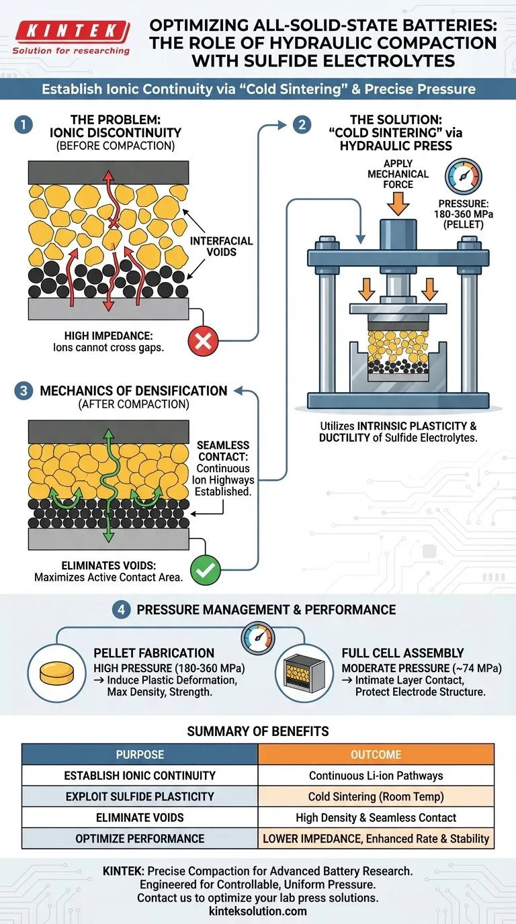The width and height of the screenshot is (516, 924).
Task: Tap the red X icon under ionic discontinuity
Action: click(x=203, y=341)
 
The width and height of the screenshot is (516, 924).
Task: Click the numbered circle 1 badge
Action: click(x=25, y=125)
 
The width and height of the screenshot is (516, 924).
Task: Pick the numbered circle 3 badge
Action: click(x=25, y=391)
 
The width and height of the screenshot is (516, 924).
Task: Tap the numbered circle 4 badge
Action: click(x=122, y=610)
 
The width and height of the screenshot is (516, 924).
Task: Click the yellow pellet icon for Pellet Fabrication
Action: click(x=55, y=672)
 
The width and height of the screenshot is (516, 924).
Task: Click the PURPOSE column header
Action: click(x=140, y=754)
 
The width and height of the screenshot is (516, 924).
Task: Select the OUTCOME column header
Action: click(x=376, y=754)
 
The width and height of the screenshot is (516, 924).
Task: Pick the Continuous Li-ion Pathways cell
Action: click(x=376, y=776)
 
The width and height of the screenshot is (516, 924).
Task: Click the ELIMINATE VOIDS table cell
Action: click(x=140, y=817)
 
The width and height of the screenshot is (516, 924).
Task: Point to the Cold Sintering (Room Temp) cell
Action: click(x=376, y=796)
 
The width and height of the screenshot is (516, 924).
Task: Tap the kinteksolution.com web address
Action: click(x=257, y=911)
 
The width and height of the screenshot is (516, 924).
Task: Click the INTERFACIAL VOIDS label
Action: click(x=221, y=246)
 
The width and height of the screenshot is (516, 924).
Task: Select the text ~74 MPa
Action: click(x=474, y=668)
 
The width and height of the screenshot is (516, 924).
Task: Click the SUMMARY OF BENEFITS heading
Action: click(x=257, y=731)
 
